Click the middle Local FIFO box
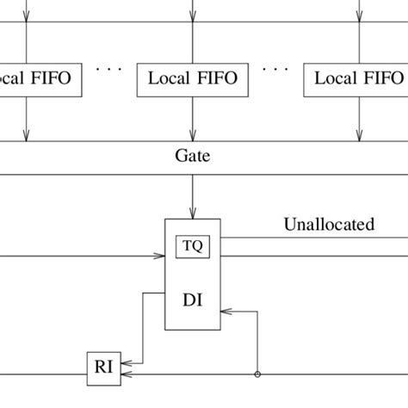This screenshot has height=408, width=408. click(193, 79)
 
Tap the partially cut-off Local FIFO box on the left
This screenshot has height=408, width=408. click(34, 79)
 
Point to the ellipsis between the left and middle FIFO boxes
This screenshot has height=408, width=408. click(109, 67)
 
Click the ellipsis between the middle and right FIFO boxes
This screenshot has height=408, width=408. click(275, 67)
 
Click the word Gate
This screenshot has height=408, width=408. click(193, 157)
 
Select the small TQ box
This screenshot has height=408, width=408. click(193, 246)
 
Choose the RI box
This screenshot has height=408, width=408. click(103, 368)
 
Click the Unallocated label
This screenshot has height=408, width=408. click(329, 225)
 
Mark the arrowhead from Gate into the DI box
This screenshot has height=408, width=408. click(193, 213)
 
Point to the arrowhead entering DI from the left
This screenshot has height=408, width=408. click(160, 256)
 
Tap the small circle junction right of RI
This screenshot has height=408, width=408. click(257, 374)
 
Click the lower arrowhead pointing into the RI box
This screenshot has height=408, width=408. click(125, 374)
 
